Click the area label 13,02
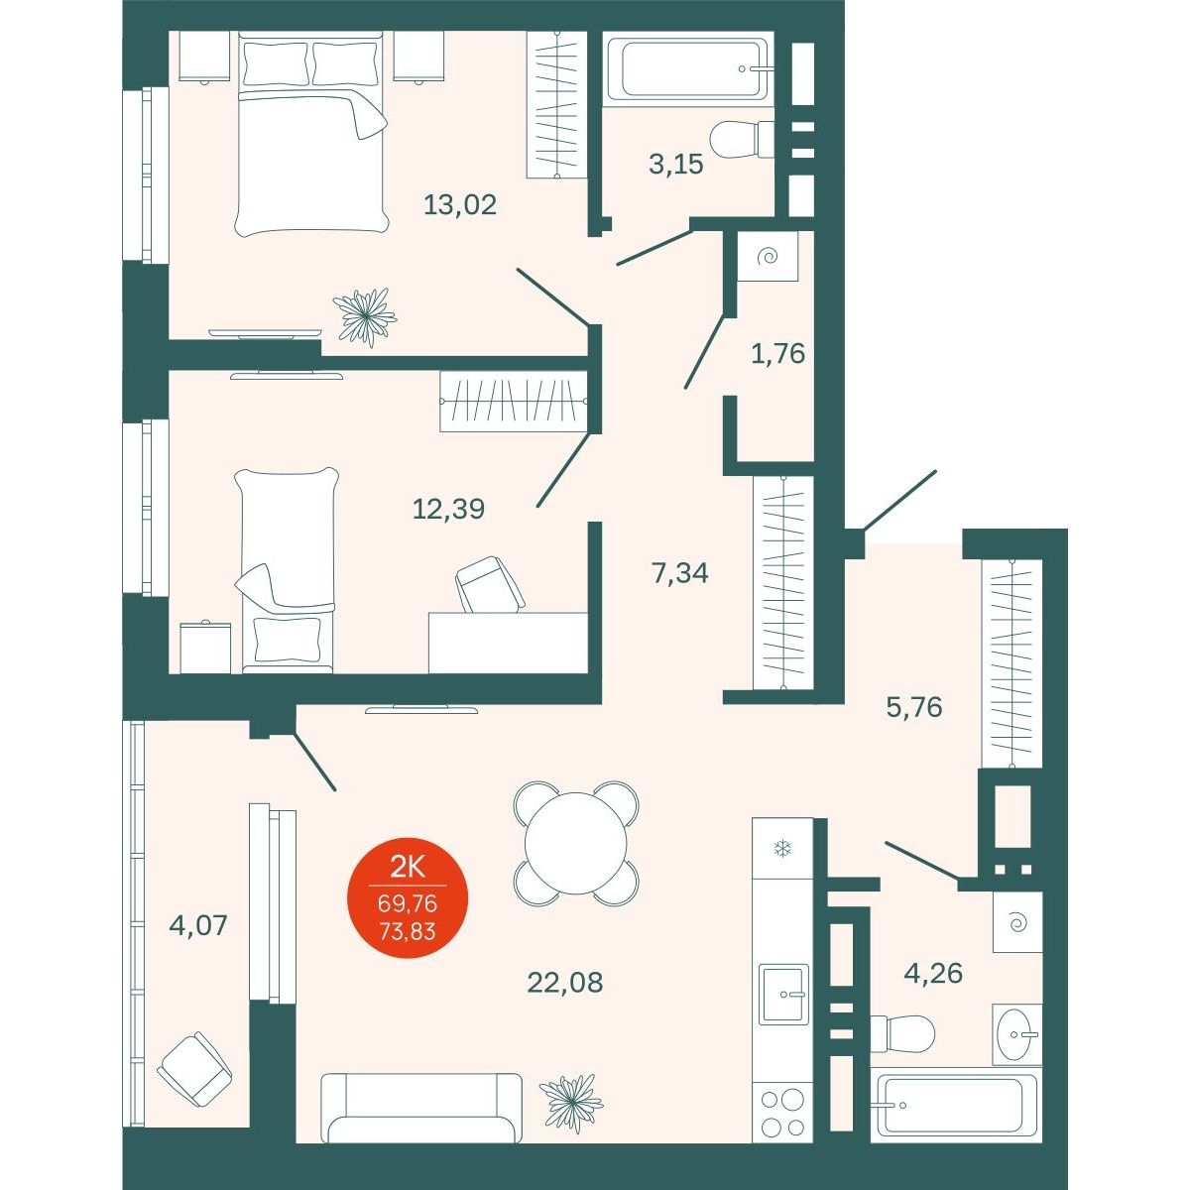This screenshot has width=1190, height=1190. (x=460, y=204)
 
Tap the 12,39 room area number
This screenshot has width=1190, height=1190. (x=448, y=509)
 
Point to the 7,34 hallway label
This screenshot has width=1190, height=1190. (x=680, y=573)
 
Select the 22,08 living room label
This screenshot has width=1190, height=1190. (x=564, y=999)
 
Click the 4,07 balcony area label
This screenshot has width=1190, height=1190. (x=198, y=925)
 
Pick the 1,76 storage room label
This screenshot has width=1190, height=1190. (x=778, y=354)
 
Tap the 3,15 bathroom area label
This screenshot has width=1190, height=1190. (x=676, y=165)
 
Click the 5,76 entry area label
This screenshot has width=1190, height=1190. (x=914, y=707)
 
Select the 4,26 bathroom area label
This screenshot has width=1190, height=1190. (x=933, y=991)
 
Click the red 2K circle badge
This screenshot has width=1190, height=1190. (x=408, y=897)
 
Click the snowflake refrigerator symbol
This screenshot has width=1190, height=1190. (x=783, y=850)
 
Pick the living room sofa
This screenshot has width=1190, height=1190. (x=421, y=1108)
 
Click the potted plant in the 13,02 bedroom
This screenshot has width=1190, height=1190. (x=365, y=316)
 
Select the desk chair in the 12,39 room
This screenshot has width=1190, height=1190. (x=490, y=584)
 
